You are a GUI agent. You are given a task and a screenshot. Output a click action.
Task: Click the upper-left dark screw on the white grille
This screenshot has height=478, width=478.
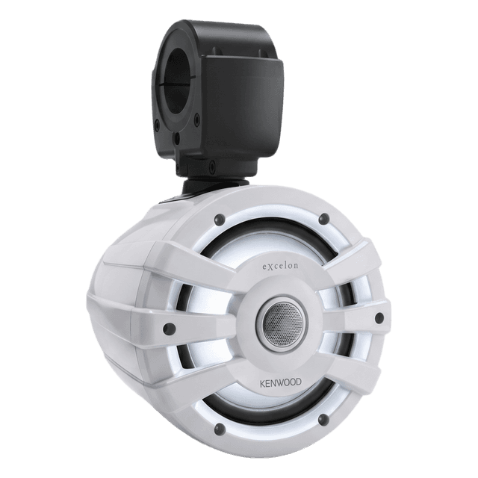pos(220,219)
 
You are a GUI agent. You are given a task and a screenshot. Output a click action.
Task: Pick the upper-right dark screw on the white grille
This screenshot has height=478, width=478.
pos(323,219)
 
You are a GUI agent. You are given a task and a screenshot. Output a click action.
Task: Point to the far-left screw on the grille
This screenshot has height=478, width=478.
pos(169,327)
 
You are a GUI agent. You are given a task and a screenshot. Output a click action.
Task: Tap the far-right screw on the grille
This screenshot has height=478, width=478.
pos(379,317)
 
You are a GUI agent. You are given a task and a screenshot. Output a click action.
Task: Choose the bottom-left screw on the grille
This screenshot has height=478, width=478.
pos(220,429)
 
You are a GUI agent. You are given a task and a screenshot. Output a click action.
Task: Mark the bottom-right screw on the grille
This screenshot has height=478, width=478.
pos(323,420)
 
